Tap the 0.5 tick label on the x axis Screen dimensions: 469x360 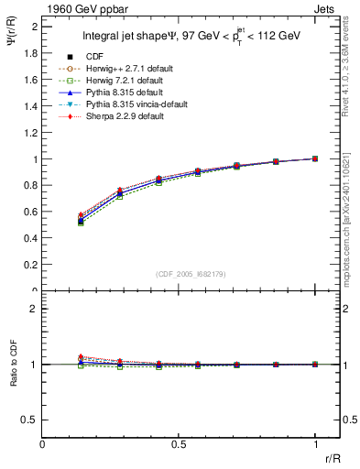point(179,443)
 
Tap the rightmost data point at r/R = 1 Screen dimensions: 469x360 point(315,158)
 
